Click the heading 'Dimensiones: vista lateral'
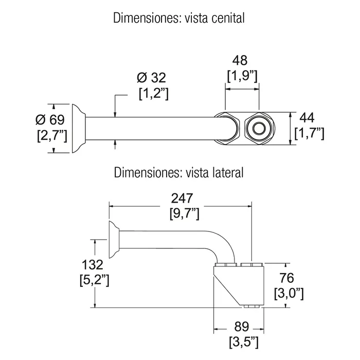coord(178,172)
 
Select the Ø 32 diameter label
coord(152,78)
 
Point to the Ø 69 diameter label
coord(50,120)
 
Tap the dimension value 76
coord(287,278)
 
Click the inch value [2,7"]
coord(50,136)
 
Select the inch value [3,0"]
coord(287,294)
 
